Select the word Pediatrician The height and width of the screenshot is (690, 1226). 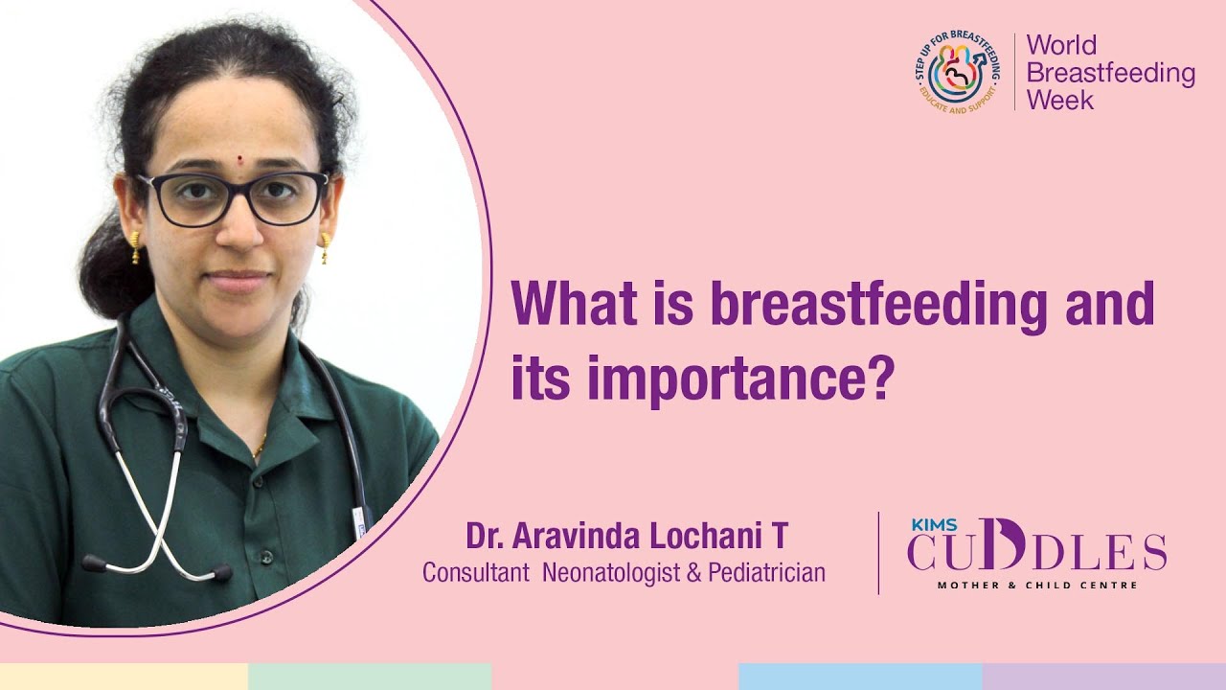tap(766, 573)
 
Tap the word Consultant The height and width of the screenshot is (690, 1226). tap(476, 573)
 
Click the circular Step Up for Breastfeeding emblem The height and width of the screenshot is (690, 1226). tap(956, 72)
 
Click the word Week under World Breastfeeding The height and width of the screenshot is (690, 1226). tap(1059, 100)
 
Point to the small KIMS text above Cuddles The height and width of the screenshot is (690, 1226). tap(926, 525)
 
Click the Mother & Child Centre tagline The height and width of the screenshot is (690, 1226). tap(1037, 585)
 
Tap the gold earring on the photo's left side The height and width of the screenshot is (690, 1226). tap(135, 246)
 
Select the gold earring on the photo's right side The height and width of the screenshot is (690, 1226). tap(325, 247)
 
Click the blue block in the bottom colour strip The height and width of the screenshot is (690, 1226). tap(859, 677)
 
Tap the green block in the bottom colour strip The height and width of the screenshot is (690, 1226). tap(369, 677)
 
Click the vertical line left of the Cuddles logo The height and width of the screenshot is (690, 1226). tap(878, 553)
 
